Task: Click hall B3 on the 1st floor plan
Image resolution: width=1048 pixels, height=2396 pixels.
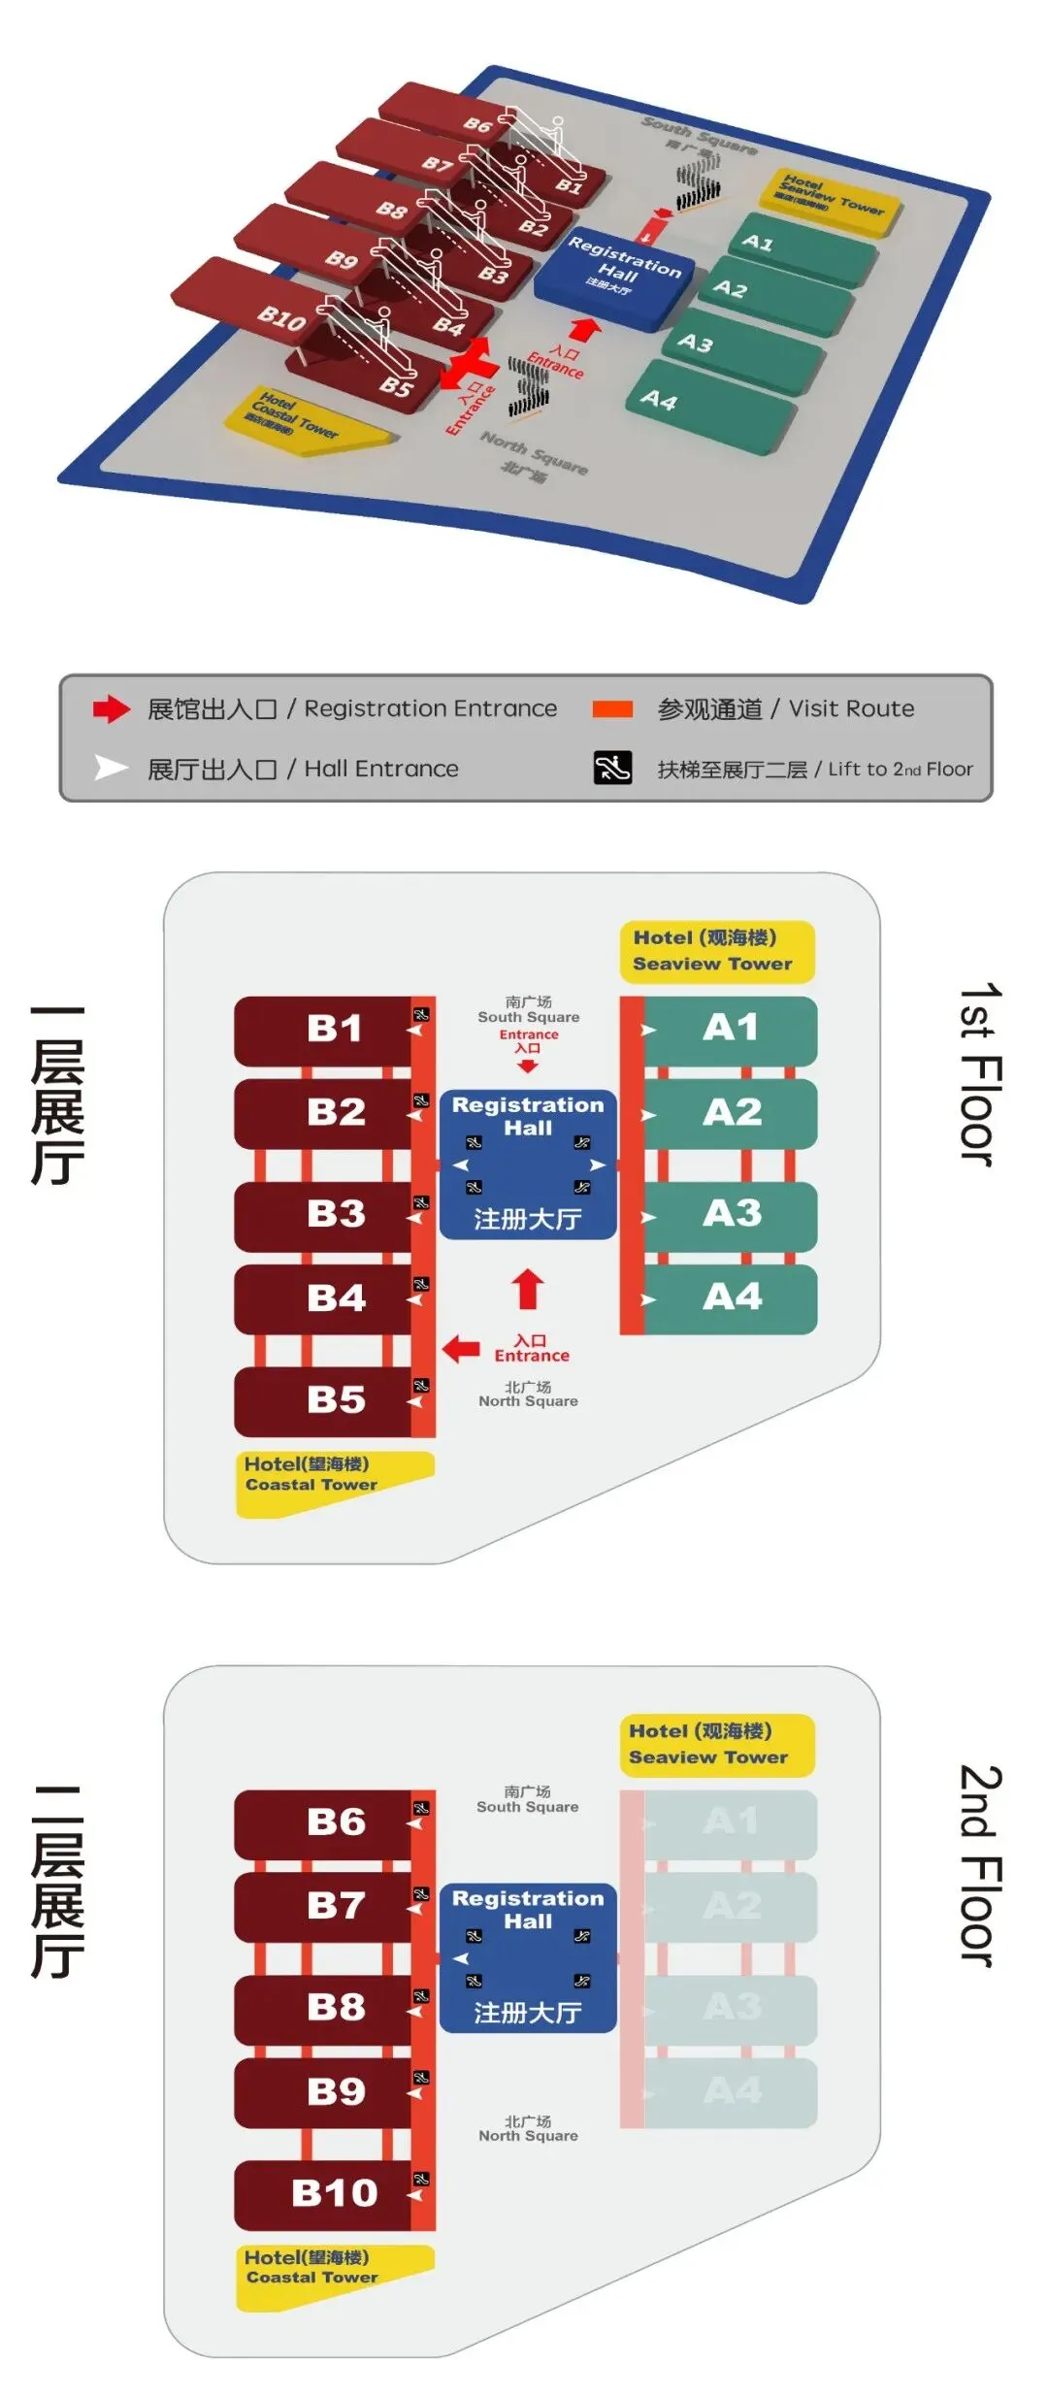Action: pyautogui.click(x=335, y=1214)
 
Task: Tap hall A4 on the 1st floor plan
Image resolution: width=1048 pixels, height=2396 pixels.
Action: pyautogui.click(x=732, y=1297)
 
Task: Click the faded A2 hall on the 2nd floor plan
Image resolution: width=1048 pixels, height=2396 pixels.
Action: pyautogui.click(x=732, y=1905)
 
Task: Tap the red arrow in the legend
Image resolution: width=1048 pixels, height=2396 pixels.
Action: pyautogui.click(x=112, y=709)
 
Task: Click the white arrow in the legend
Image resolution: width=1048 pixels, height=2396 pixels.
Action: pyautogui.click(x=111, y=769)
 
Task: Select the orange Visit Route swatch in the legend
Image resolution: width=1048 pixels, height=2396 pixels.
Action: pyautogui.click(x=612, y=709)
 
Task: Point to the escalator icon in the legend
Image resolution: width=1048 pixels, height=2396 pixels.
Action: pyautogui.click(x=612, y=768)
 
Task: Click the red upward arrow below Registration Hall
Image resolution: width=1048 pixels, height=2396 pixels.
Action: pyautogui.click(x=528, y=1289)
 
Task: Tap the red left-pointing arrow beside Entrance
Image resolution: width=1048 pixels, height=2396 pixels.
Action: pyautogui.click(x=461, y=1348)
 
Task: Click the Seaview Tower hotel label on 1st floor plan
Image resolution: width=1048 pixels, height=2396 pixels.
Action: pyautogui.click(x=716, y=951)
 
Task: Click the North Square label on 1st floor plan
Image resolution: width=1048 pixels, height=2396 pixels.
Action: pyautogui.click(x=528, y=1395)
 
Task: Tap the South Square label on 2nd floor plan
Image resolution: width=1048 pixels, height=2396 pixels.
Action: pyautogui.click(x=527, y=1799)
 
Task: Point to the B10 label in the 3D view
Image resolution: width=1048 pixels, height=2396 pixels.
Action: pyautogui.click(x=281, y=316)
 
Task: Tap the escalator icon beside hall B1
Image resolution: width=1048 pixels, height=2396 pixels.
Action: pyautogui.click(x=422, y=1015)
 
